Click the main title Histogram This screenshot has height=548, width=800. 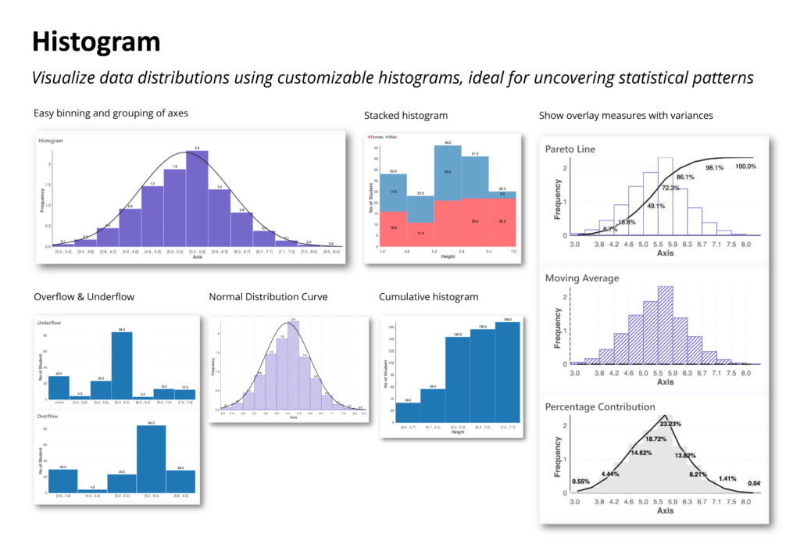96,41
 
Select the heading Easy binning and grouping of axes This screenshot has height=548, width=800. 110,113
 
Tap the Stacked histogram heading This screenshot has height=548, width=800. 405,116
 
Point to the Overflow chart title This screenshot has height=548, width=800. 48,417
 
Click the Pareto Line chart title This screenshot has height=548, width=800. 577,149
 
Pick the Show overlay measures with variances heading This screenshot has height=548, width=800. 626,116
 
